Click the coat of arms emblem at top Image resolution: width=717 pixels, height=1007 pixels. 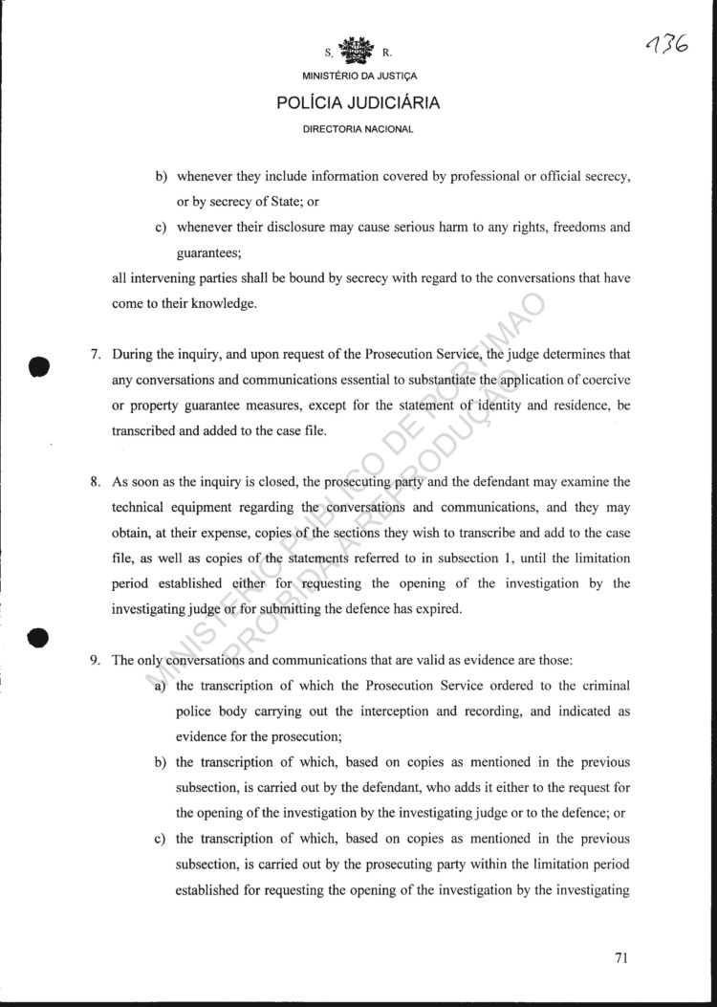point(358,50)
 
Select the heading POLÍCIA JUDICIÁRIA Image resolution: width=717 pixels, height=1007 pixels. point(358,103)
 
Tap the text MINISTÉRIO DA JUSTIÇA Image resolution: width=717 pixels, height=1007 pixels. point(358,77)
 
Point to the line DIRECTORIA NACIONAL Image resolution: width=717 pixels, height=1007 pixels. point(358,129)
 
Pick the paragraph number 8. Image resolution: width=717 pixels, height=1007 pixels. point(96,481)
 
